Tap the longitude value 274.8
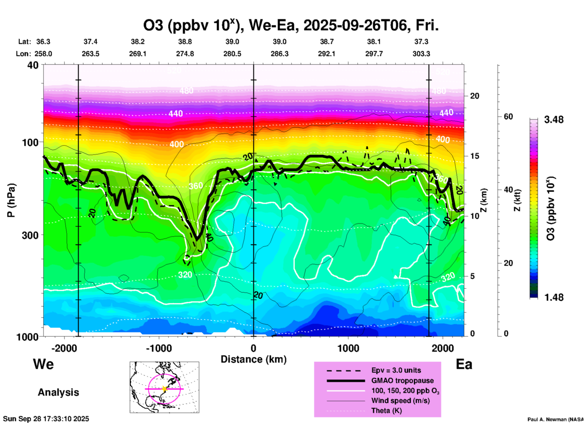pyautogui.click(x=185, y=54)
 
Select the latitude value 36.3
pyautogui.click(x=43, y=42)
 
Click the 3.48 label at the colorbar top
pyautogui.click(x=554, y=120)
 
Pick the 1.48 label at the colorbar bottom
pyautogui.click(x=554, y=297)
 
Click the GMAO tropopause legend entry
pyautogui.click(x=402, y=381)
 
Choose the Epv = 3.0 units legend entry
pyautogui.click(x=396, y=370)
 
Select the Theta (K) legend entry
pyautogui.click(x=386, y=411)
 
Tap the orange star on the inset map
pyautogui.click(x=164, y=389)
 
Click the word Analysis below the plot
pyautogui.click(x=58, y=392)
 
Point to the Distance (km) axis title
pyautogui.click(x=253, y=359)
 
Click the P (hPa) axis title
pyautogui.click(x=11, y=200)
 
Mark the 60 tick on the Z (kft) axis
pyautogui.click(x=508, y=117)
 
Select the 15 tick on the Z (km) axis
pyautogui.click(x=475, y=156)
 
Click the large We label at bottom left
pyautogui.click(x=43, y=364)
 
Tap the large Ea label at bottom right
pyautogui.click(x=464, y=364)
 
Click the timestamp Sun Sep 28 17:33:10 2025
pyautogui.click(x=46, y=419)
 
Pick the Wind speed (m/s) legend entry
pyautogui.click(x=400, y=401)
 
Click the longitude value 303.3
pyautogui.click(x=421, y=54)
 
